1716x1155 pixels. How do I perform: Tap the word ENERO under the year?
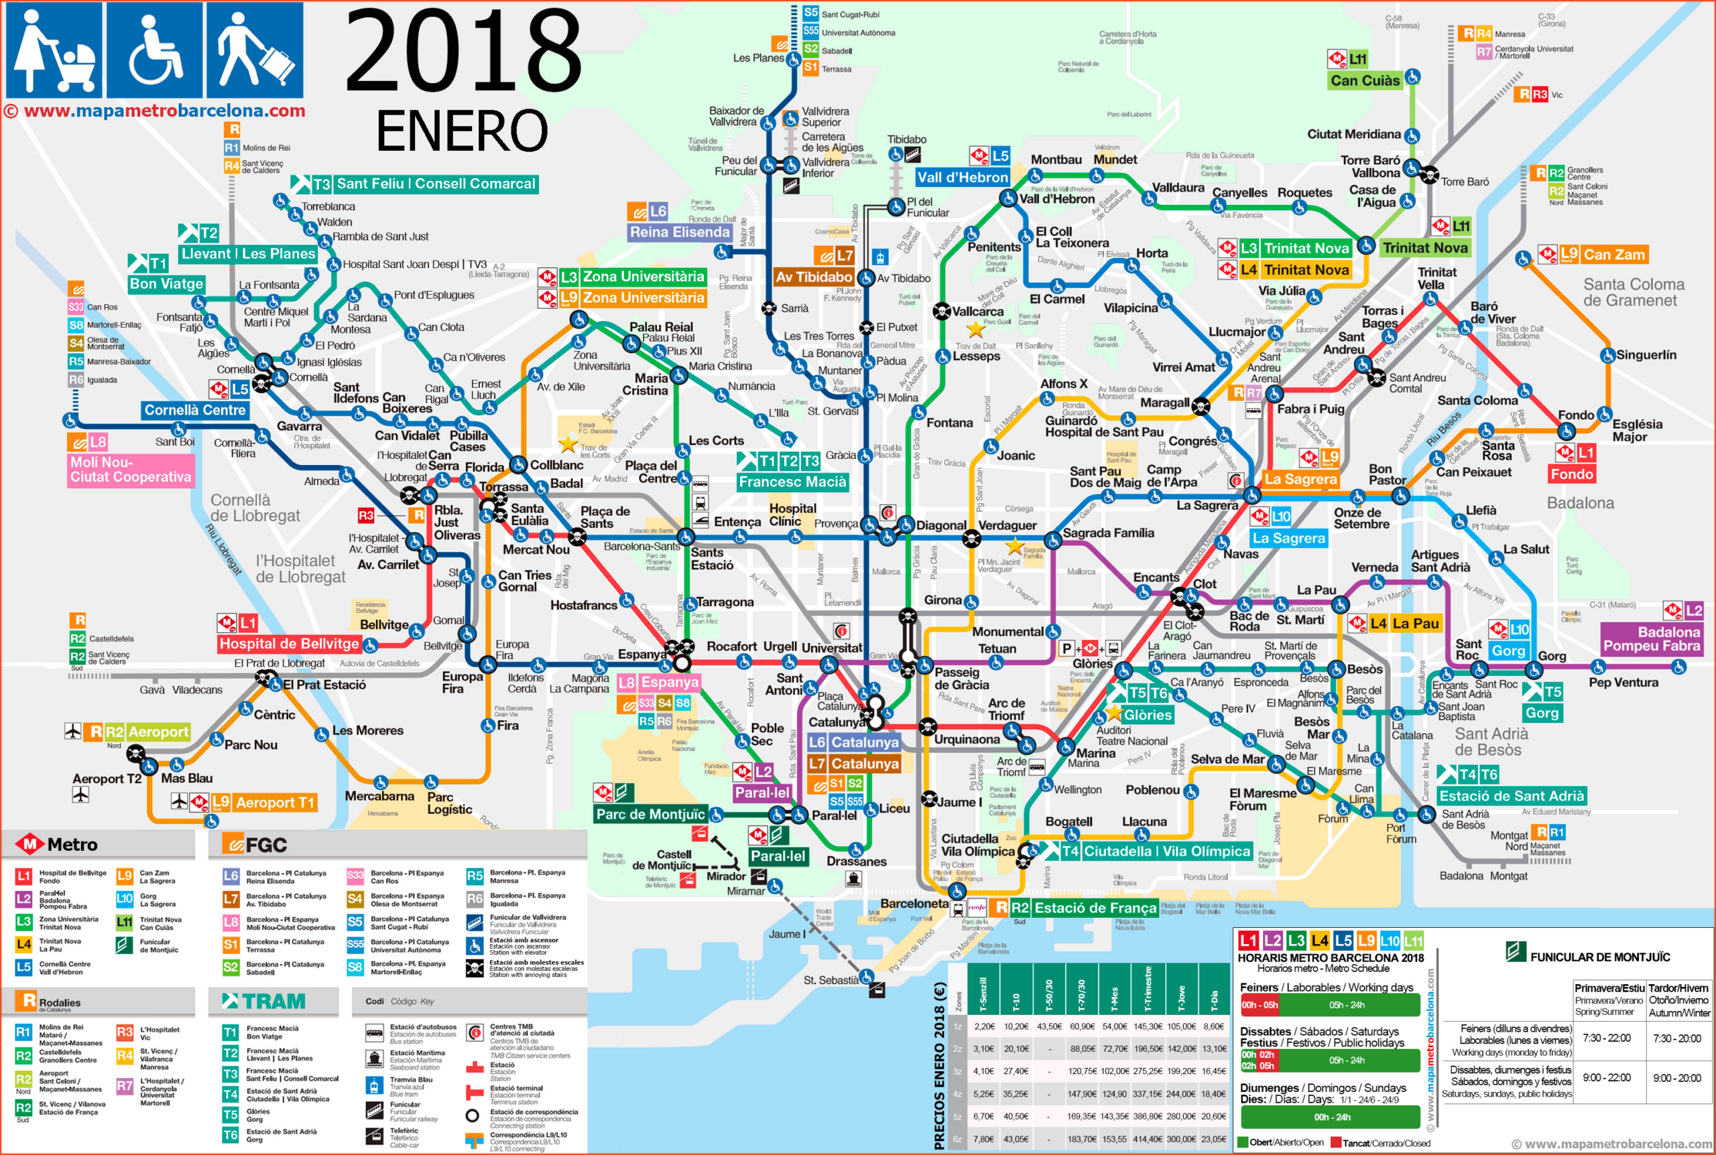pos(462,131)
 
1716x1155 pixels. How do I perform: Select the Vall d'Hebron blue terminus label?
pos(963,177)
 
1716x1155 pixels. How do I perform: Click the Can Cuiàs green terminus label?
pos(1365,80)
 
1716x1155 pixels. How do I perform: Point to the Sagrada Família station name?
pos(1108,533)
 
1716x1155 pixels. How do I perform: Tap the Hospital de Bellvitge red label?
pos(289,643)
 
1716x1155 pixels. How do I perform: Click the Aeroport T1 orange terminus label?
pos(274,802)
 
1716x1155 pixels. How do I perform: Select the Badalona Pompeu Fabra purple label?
pos(1651,638)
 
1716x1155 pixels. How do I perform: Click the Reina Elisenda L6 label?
pos(678,232)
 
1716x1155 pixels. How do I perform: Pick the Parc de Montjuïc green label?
pos(651,814)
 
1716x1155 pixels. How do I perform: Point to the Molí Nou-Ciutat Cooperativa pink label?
pos(131,469)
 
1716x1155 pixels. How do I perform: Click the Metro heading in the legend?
pos(72,844)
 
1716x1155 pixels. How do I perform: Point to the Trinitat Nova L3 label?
pos(1306,249)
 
